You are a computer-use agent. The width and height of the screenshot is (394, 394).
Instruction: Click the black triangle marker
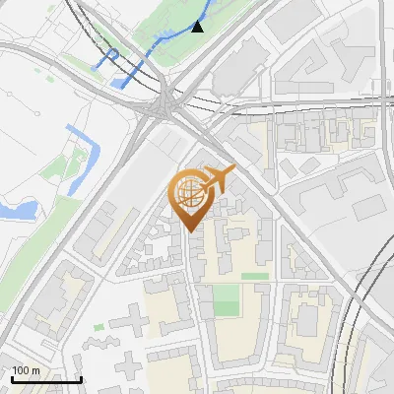pyautogui.click(x=198, y=27)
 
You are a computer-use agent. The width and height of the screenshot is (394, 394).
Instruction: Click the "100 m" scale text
pyautogui.click(x=26, y=370)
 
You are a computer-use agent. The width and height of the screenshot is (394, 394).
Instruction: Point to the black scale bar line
pyautogui.click(x=46, y=379)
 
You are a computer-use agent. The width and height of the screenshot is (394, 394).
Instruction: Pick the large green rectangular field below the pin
pyautogui.click(x=227, y=300)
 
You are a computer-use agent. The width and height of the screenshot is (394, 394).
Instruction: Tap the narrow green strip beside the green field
pyautogui.click(x=255, y=277)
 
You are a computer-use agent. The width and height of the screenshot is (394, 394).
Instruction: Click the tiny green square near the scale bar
pyautogui.click(x=99, y=326)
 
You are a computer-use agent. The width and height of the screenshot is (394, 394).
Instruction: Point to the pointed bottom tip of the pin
pyautogui.click(x=190, y=230)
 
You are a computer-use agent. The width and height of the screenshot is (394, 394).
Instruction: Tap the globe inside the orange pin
pyautogui.click(x=189, y=192)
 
